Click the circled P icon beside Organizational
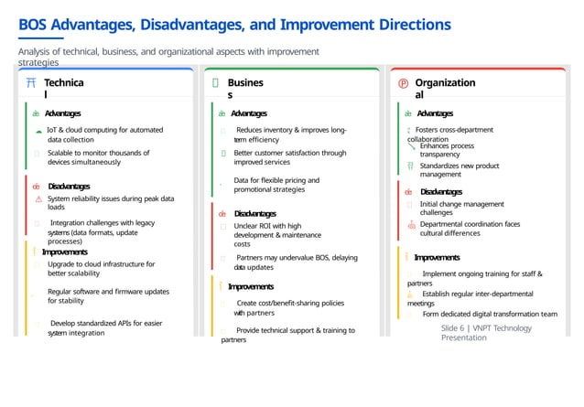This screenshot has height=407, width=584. [x=404, y=83]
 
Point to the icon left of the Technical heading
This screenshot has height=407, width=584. [x=32, y=83]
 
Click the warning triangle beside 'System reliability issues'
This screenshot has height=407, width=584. [x=38, y=198]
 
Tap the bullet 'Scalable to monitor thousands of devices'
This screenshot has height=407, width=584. [x=98, y=157]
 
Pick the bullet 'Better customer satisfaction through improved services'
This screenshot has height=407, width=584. [x=289, y=157]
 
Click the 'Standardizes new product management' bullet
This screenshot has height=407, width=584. [x=459, y=169]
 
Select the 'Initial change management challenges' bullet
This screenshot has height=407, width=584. [x=461, y=209]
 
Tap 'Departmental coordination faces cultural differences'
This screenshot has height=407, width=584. [x=469, y=228]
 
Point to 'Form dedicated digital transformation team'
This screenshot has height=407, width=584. [x=489, y=314]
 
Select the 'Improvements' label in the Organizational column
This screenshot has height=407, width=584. [x=437, y=257]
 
